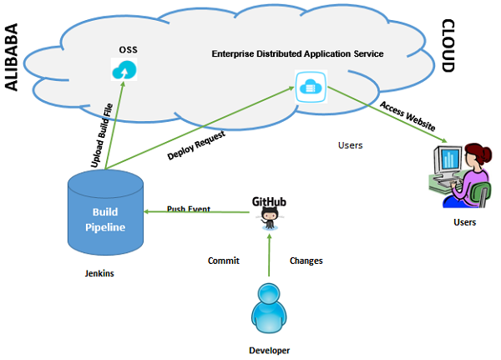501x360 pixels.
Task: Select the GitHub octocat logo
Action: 269,219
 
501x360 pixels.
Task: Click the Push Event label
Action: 188,208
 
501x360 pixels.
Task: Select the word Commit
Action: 224,261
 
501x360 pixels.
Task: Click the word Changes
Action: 306,261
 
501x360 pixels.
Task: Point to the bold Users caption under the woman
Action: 463,222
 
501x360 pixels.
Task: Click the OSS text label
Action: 128,49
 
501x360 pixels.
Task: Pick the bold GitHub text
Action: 270,201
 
